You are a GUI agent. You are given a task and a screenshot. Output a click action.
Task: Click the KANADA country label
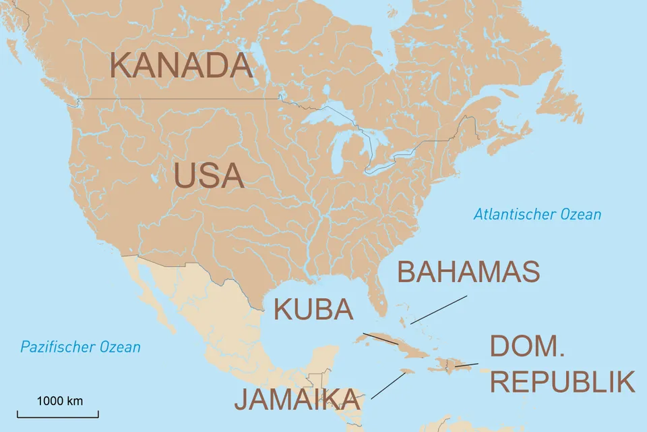(181, 66)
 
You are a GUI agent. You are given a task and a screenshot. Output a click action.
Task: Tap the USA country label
(208, 175)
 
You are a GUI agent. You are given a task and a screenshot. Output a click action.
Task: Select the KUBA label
(313, 310)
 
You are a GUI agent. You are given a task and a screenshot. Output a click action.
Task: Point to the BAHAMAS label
(468, 271)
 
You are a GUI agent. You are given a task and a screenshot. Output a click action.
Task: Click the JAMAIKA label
(297, 400)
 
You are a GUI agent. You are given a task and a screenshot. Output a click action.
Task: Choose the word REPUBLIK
(562, 382)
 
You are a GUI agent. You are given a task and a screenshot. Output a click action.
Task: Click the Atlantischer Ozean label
(536, 215)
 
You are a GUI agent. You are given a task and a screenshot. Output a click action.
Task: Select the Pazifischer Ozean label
(80, 347)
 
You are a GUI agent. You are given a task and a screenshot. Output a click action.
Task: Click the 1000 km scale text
(59, 401)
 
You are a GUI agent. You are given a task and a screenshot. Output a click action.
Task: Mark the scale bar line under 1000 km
(58, 414)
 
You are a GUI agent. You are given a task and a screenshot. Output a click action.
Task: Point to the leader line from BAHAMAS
(439, 309)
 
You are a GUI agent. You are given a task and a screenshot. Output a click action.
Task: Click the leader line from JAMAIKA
(388, 385)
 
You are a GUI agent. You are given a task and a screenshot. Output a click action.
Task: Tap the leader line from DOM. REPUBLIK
(466, 365)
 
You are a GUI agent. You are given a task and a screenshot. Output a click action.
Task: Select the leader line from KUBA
(380, 338)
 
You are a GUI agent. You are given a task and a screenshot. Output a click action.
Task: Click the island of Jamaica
(406, 371)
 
